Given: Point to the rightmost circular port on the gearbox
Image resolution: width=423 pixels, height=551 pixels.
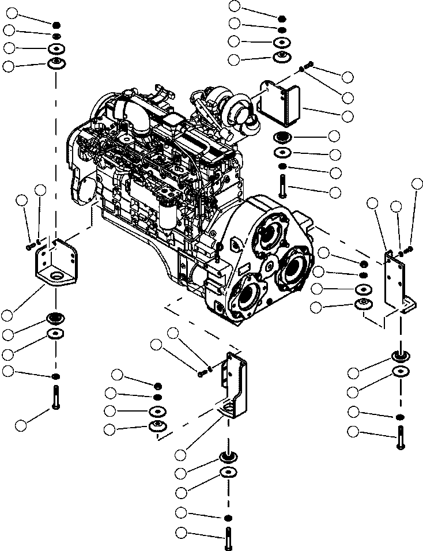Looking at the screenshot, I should tap(294, 269).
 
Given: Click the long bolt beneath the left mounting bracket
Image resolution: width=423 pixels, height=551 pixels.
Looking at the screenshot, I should tap(55, 398).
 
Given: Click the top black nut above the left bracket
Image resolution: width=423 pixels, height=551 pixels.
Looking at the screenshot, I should tap(56, 25).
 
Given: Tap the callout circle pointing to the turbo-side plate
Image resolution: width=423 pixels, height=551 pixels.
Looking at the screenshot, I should tap(348, 116).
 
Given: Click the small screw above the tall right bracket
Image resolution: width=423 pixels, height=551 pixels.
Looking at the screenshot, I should tap(409, 249).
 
